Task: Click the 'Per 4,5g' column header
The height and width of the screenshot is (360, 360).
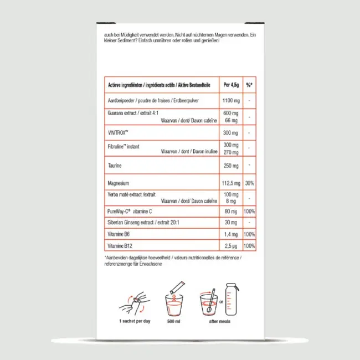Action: coord(231,85)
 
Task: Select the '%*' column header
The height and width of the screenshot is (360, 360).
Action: coord(249,85)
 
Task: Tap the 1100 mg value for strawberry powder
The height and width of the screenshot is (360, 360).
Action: coord(231,101)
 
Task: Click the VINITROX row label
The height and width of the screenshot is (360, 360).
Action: coord(118,133)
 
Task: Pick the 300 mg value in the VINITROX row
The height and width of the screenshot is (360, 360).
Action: coord(231,133)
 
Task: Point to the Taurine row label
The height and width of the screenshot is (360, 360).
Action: coord(115,166)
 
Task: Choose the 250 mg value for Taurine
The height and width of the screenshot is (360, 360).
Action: coord(231,166)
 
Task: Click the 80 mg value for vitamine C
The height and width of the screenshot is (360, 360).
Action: coord(231,212)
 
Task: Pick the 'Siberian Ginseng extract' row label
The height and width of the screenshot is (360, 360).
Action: coord(145,223)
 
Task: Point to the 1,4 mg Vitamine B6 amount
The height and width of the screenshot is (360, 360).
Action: coord(231,235)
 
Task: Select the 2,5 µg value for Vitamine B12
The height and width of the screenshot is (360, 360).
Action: coord(231,245)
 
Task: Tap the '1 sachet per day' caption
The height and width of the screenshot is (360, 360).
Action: coord(135,321)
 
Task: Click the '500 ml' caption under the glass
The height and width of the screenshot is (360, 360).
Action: coord(174,321)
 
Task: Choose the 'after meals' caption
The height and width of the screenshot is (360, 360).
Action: coord(219,321)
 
